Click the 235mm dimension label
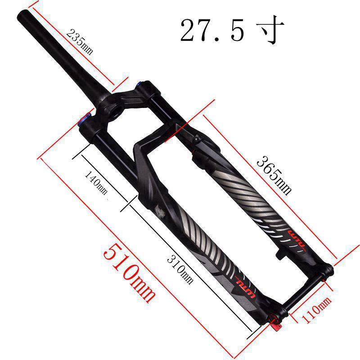coord(80,42)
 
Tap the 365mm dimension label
coord(274,175)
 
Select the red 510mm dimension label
coord(129,273)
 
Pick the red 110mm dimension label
coord(316,309)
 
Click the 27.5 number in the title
coord(211,30)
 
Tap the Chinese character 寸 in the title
coord(270,29)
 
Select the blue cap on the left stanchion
coord(83,119)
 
